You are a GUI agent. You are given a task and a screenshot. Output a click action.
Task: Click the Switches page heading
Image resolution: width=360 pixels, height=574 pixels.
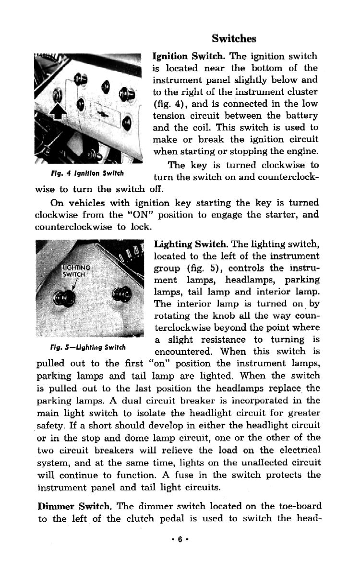[x=234, y=38]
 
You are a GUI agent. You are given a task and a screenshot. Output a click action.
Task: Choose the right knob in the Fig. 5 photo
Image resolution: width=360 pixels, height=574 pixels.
[x=120, y=293]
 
